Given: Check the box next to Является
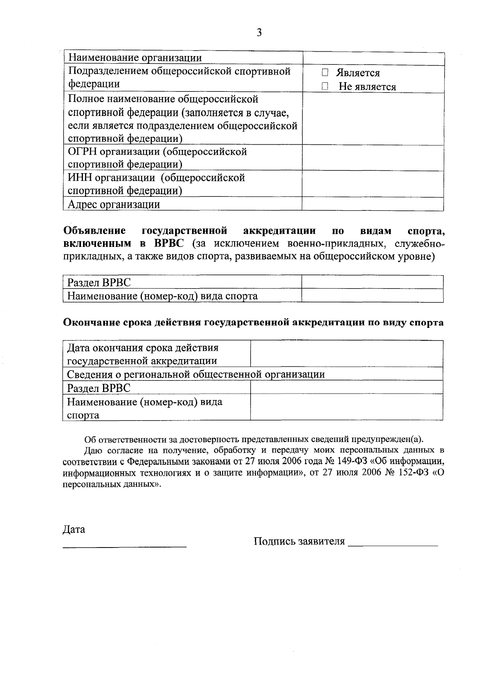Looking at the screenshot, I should tap(325, 73).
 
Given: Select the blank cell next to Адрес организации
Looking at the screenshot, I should tap(373, 204).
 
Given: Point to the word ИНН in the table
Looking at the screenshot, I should tap(79, 178).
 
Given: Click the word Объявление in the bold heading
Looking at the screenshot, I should tap(95, 231).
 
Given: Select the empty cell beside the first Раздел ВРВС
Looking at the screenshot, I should tap(372, 283).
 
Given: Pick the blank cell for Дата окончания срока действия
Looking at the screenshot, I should tap(346, 354).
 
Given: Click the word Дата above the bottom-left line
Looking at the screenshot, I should tap(74, 529).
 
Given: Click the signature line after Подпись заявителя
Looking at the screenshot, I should tap(393, 544).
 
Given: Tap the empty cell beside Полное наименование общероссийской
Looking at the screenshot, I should tap(373, 119).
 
